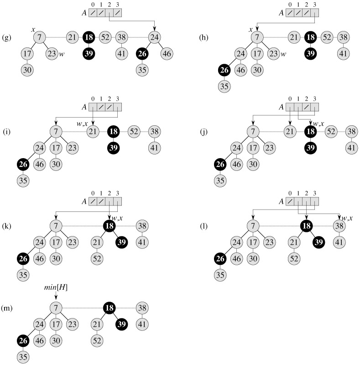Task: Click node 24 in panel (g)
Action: click(154, 37)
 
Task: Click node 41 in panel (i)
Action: click(154, 148)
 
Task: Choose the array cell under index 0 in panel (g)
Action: click(93, 13)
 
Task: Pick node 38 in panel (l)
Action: click(338, 226)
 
